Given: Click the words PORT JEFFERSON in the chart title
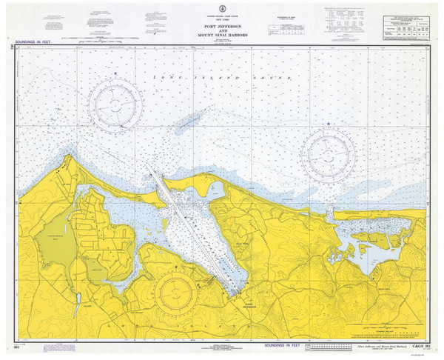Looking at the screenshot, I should [x=222, y=27].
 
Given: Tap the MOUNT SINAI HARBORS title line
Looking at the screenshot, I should [x=222, y=36].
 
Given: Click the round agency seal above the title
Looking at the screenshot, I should [x=222, y=16].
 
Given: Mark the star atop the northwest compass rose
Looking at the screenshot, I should [x=115, y=73].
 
